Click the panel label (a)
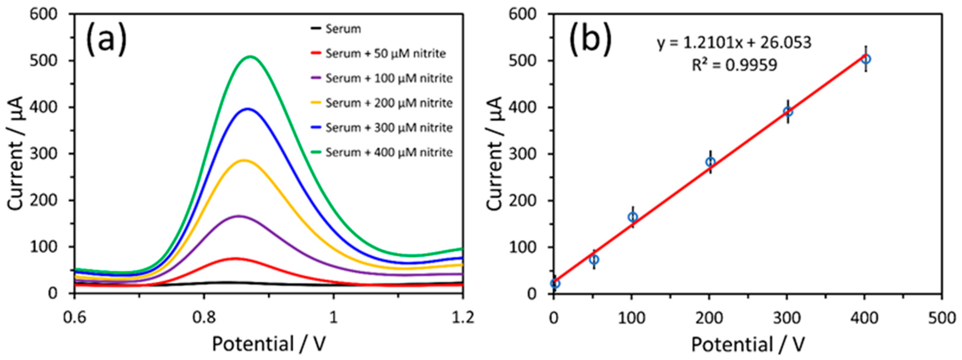coord(106,40)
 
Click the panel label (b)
coord(590,40)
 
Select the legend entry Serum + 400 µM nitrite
coord(389,152)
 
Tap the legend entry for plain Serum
coord(343,29)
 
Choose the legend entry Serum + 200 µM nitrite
coord(389,103)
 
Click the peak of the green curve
coord(251,57)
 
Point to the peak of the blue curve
coord(248,109)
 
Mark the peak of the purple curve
coord(239,216)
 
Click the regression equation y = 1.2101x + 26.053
coord(734,43)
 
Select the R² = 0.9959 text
coord(734,65)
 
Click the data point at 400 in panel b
coord(866,59)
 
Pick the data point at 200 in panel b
coord(710,162)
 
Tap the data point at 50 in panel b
coord(594,259)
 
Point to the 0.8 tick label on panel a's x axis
coord(204,317)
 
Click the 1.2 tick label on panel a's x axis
coord(462,317)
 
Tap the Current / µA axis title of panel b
coord(495,153)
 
